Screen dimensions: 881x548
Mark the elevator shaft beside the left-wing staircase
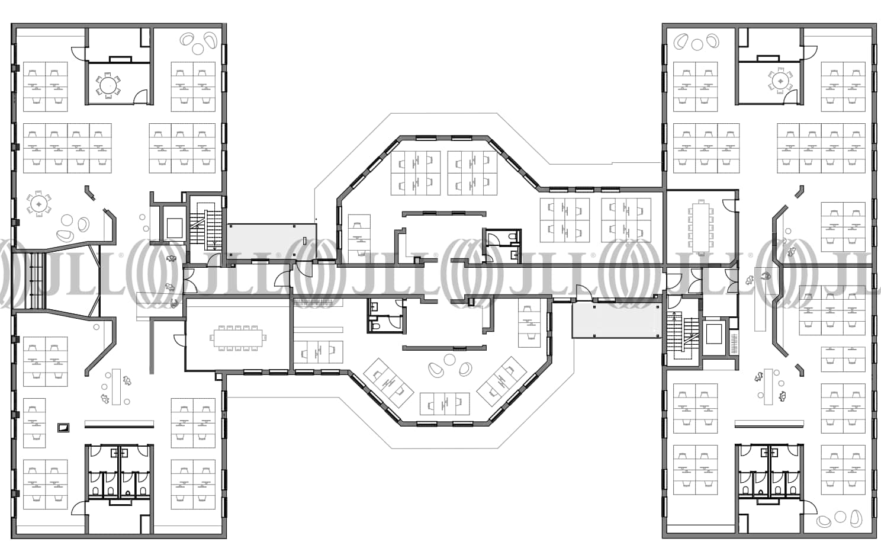[174, 227]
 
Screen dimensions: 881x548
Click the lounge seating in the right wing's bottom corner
[832, 520]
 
